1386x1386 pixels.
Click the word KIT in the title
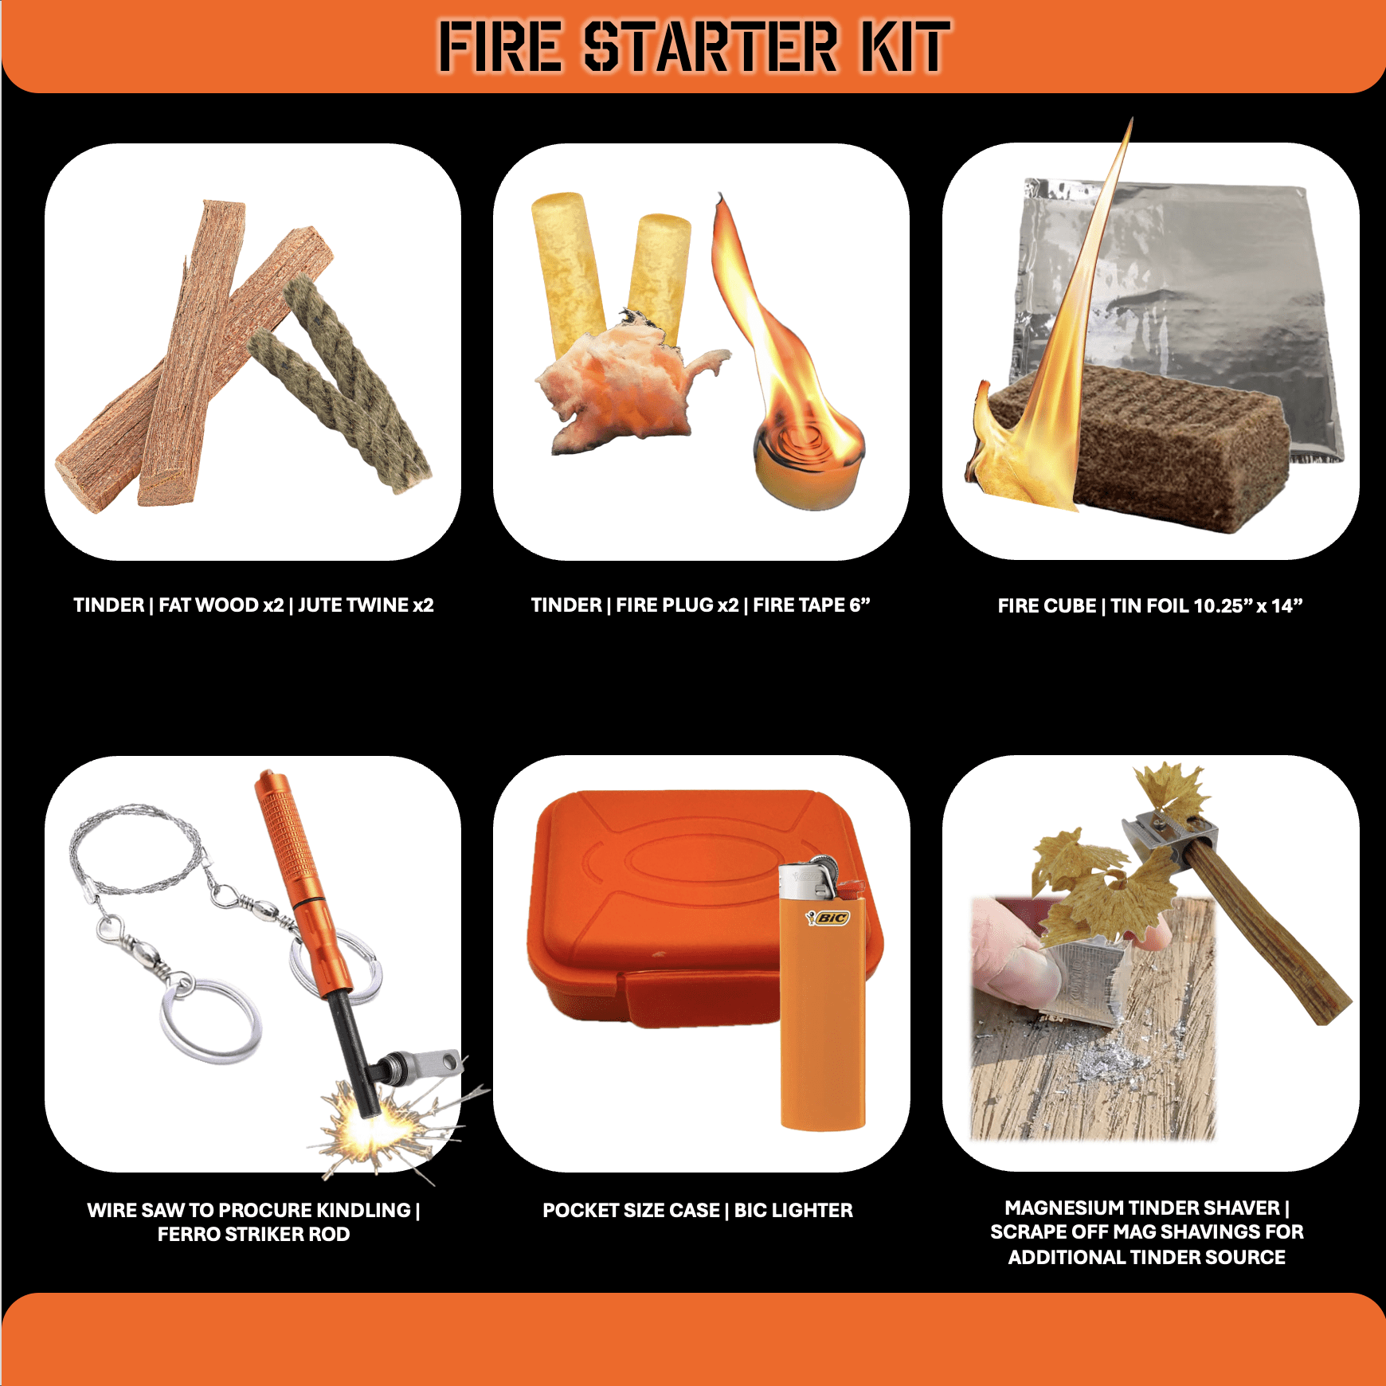point(906,46)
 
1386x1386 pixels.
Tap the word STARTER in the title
point(711,46)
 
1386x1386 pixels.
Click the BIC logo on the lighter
point(828,918)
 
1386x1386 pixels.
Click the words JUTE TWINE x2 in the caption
point(366,605)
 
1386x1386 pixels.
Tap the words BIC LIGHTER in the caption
point(793,1210)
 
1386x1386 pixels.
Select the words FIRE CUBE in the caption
point(1047,605)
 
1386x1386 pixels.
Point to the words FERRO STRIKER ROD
point(253,1234)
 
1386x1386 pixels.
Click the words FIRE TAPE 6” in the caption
point(812,605)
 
